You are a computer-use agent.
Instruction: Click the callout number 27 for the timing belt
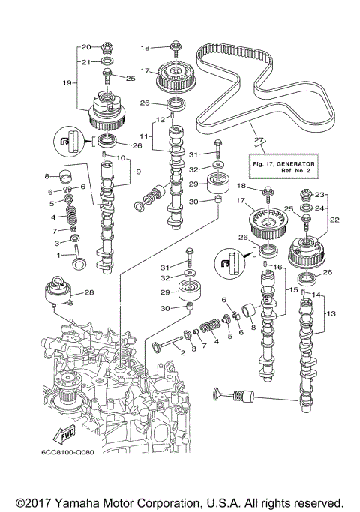click(259, 139)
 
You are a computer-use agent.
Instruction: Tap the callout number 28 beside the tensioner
click(89, 292)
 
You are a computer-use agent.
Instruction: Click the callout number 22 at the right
click(335, 220)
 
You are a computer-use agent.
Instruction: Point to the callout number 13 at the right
click(331, 313)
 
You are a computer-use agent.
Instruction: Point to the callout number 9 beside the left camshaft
click(136, 172)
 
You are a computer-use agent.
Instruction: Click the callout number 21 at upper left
click(85, 61)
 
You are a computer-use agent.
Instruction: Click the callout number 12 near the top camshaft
click(160, 119)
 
